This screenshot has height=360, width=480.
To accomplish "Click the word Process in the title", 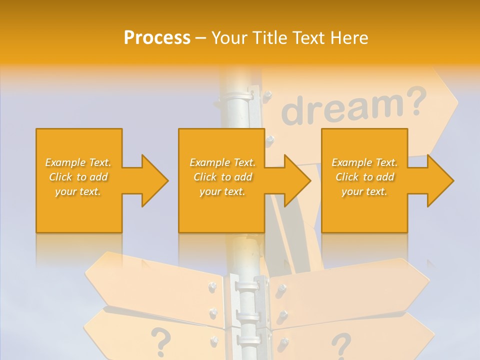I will click(157, 37).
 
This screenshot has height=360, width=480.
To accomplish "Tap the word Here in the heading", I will click(348, 37).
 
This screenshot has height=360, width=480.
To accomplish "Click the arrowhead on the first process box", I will click(153, 180).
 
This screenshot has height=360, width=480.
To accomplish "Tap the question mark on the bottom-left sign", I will click(160, 339).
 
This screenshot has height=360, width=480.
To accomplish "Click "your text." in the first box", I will click(78, 191).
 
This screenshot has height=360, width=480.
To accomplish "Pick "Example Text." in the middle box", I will click(222, 162).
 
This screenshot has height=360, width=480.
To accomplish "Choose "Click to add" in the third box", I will click(365, 177).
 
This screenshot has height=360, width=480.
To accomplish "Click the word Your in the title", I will click(229, 37).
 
